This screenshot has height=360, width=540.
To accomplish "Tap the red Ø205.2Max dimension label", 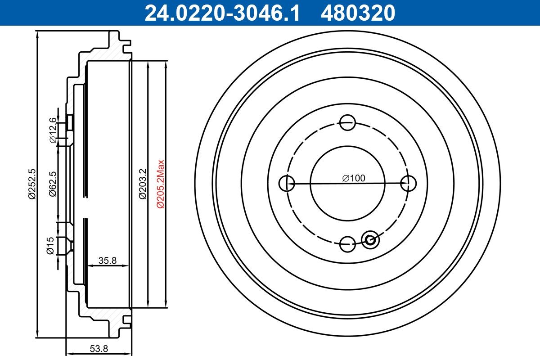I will pyautogui.click(x=160, y=184).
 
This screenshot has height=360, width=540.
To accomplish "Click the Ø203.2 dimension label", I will pyautogui.click(x=142, y=184).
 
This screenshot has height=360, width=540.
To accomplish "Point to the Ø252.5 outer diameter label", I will pyautogui.click(x=31, y=184).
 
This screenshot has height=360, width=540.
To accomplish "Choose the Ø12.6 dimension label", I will pyautogui.click(x=53, y=130).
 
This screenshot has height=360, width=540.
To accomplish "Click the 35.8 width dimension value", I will pyautogui.click(x=108, y=260).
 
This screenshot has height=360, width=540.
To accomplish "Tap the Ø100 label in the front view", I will pyautogui.click(x=353, y=178).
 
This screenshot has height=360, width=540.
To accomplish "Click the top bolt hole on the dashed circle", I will pyautogui.click(x=347, y=122).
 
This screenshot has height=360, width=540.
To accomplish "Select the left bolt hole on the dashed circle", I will pyautogui.click(x=287, y=183).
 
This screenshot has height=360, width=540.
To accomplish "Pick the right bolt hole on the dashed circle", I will pyautogui.click(x=408, y=183).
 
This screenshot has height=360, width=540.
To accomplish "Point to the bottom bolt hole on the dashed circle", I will pyautogui.click(x=347, y=244).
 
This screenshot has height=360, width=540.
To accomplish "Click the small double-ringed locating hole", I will pyautogui.click(x=371, y=239).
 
